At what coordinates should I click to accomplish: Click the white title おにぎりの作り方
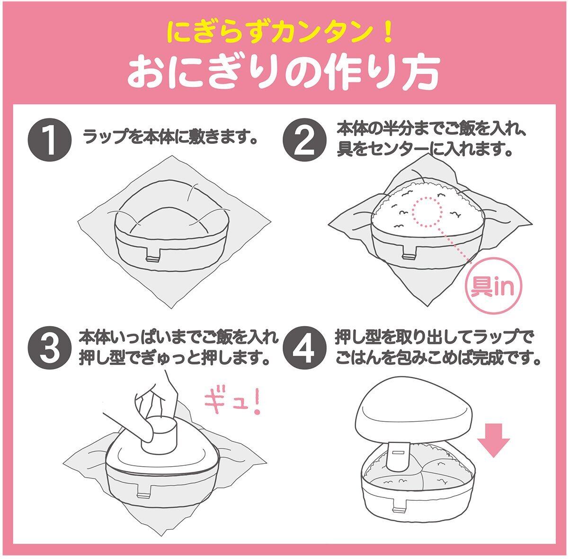pos(284,71)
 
